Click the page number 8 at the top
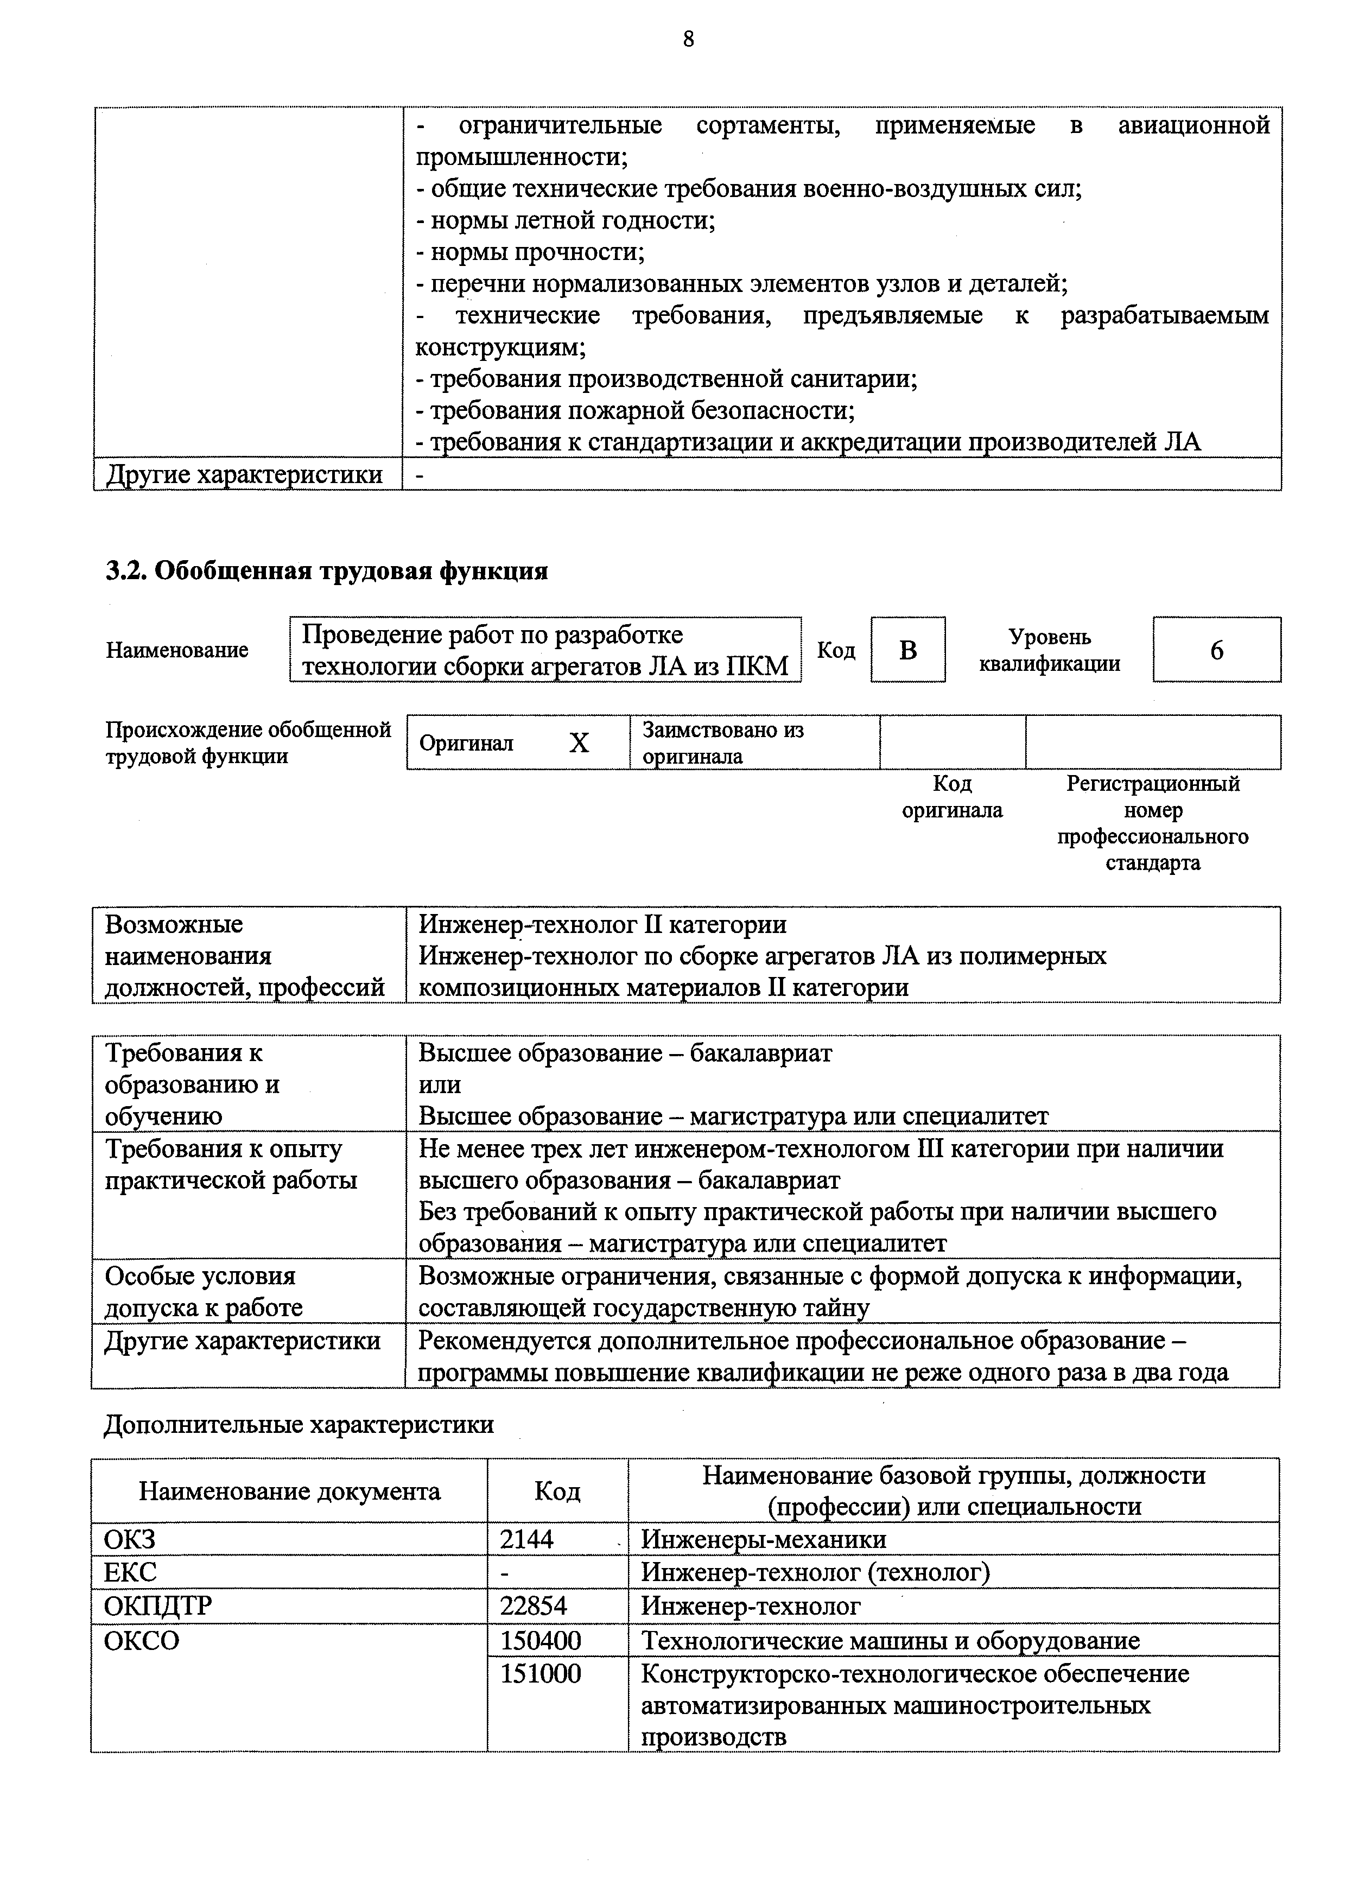(688, 39)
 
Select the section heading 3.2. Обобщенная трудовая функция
(326, 572)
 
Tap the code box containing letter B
(907, 650)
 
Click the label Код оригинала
(951, 797)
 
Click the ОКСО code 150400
(540, 1640)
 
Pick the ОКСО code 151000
(540, 1673)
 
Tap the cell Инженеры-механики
(763, 1540)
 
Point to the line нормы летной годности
(566, 220)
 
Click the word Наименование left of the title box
(176, 650)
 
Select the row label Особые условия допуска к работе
(203, 1291)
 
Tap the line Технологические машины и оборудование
(890, 1640)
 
